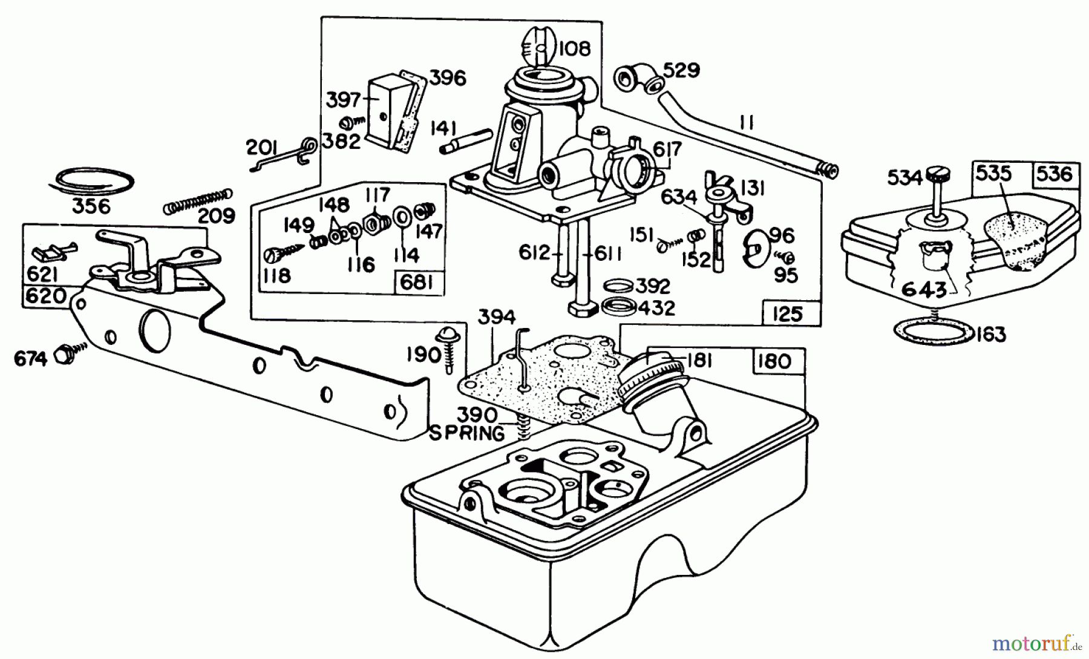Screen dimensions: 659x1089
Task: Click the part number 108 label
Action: point(574,47)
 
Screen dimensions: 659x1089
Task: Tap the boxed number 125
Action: point(787,313)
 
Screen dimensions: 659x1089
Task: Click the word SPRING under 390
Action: point(466,433)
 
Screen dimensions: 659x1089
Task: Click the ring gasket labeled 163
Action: point(933,332)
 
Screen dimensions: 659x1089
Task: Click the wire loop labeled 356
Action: point(91,181)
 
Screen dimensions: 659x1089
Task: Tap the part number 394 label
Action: point(497,317)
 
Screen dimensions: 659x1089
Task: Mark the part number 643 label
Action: point(923,289)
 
